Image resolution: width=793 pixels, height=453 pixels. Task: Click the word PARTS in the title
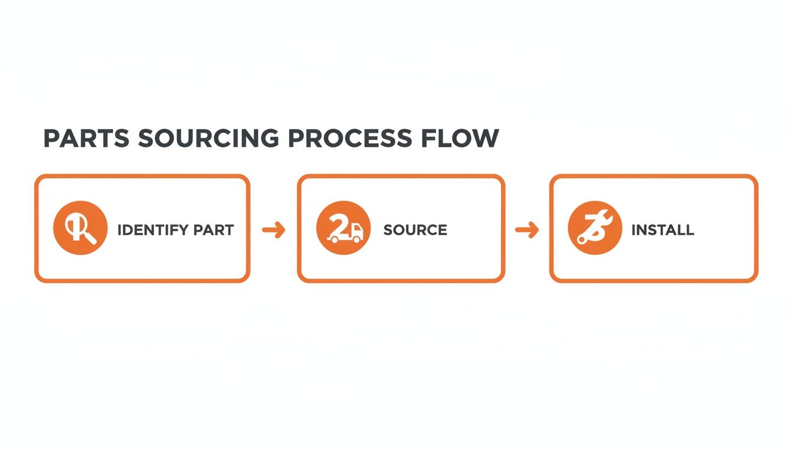86,138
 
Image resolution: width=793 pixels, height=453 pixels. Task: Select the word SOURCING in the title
208,138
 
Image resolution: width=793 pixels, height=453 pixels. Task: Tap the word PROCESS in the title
350,138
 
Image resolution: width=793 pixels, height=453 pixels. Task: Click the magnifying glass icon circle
80,229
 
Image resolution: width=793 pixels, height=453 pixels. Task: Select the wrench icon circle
595,229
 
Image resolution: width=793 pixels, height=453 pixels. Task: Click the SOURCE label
415,230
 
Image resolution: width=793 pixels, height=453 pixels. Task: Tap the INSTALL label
663,230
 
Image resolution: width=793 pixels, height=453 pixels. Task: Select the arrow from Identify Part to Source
273,230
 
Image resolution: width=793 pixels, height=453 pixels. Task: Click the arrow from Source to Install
526,230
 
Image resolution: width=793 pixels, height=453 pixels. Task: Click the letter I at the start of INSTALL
633,230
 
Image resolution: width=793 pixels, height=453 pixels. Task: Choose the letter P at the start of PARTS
53,138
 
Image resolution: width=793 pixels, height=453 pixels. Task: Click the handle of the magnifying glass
91,238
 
